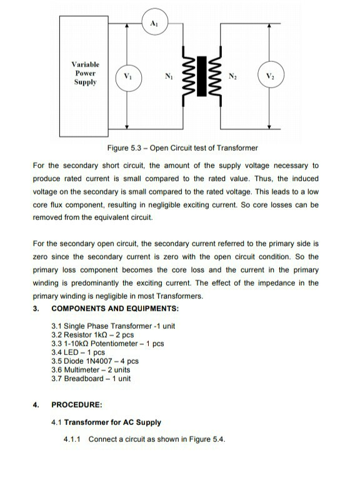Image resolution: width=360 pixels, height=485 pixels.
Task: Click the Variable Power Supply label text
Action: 85,73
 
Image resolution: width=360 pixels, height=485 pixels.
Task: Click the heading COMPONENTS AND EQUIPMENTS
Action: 115,309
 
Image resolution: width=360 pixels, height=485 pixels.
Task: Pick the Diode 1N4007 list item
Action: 94,361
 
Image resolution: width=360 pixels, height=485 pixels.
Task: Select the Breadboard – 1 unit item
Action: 91,378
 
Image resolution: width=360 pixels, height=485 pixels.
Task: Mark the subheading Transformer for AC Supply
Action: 107,422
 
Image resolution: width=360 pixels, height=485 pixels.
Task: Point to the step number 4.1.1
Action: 73,439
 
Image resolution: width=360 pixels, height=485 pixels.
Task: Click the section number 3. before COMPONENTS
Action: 36,309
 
